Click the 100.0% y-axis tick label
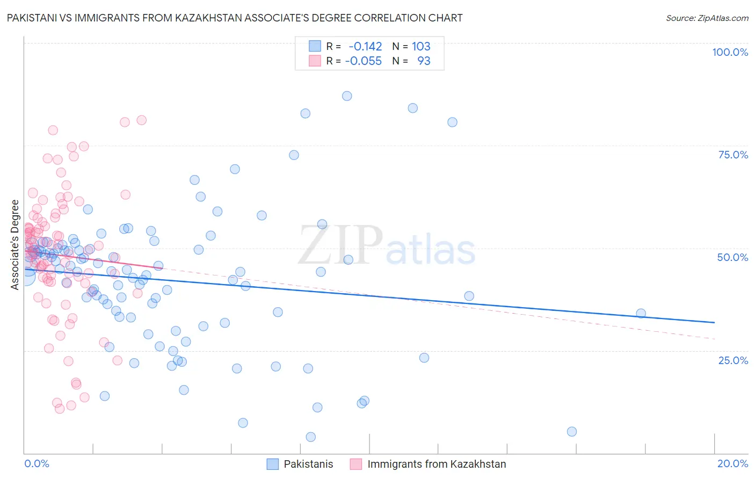tap(730, 52)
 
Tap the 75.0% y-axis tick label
tap(733, 155)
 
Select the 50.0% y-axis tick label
tap(732, 257)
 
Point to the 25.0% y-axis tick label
tap(733, 360)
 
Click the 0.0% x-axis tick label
tap(37, 463)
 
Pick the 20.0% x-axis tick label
tap(732, 463)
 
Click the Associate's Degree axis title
tap(15, 245)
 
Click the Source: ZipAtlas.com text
tap(707, 18)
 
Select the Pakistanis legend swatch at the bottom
tap(273, 464)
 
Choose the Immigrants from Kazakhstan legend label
tap(437, 464)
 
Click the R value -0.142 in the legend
tap(365, 47)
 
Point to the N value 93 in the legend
tap(424, 61)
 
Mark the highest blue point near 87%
tap(347, 96)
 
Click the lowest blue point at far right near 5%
tap(572, 432)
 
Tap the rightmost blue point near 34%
tap(641, 314)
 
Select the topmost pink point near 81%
tap(142, 120)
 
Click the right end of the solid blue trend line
tap(714, 322)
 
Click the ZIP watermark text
tap(340, 245)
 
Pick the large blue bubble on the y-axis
tap(25, 275)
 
